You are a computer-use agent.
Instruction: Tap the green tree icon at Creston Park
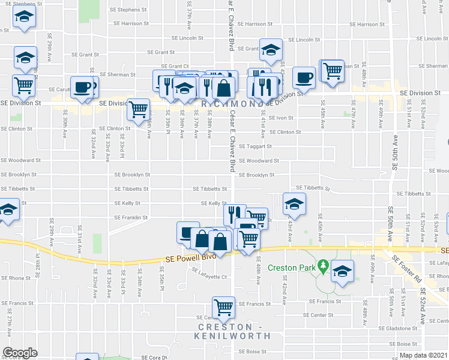(x=322, y=265)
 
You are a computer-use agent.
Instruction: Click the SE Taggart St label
(x=255, y=146)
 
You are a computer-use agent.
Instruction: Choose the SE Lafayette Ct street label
(x=209, y=277)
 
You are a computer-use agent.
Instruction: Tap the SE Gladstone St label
(x=398, y=329)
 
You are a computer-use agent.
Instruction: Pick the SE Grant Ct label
(x=175, y=66)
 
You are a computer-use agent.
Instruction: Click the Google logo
(x=20, y=353)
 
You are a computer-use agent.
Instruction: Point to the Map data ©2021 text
(x=423, y=355)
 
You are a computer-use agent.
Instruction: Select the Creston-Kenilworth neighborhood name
(x=233, y=331)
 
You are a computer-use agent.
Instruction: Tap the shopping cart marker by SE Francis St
(x=224, y=307)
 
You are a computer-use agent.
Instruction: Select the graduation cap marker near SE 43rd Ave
(x=294, y=204)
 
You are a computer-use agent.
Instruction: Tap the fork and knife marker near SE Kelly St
(x=235, y=213)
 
